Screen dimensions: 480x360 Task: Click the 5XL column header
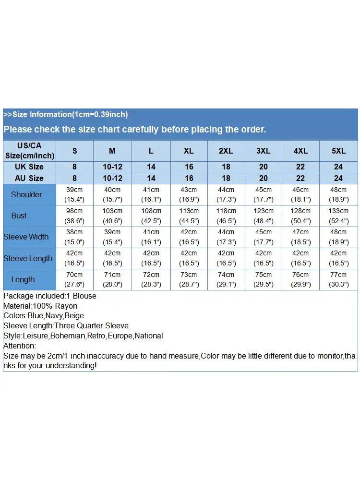pyautogui.click(x=338, y=151)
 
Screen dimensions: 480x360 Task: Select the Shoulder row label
pyautogui.click(x=26, y=194)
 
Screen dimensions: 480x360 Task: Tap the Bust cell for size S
pyautogui.click(x=74, y=216)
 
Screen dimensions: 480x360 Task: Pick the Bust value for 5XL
pyautogui.click(x=338, y=216)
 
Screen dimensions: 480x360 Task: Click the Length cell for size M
pyautogui.click(x=112, y=279)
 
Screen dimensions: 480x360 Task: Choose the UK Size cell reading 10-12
pyautogui.click(x=112, y=167)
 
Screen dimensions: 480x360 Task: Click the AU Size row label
pyautogui.click(x=29, y=178)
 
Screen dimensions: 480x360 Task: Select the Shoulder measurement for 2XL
pyautogui.click(x=226, y=194)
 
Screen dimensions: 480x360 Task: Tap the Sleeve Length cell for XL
pyautogui.click(x=189, y=258)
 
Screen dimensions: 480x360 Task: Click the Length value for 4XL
pyautogui.click(x=301, y=279)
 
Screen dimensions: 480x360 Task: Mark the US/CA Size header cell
pyautogui.click(x=29, y=151)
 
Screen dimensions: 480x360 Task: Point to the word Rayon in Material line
pyautogui.click(x=66, y=306)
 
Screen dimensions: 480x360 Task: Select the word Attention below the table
pyautogui.click(x=19, y=346)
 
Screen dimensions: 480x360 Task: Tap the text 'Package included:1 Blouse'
pyautogui.click(x=50, y=296)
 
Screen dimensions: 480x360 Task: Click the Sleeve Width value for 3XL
pyautogui.click(x=264, y=237)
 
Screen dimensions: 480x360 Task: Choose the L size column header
pyautogui.click(x=151, y=151)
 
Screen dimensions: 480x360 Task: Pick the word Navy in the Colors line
pyautogui.click(x=55, y=315)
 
